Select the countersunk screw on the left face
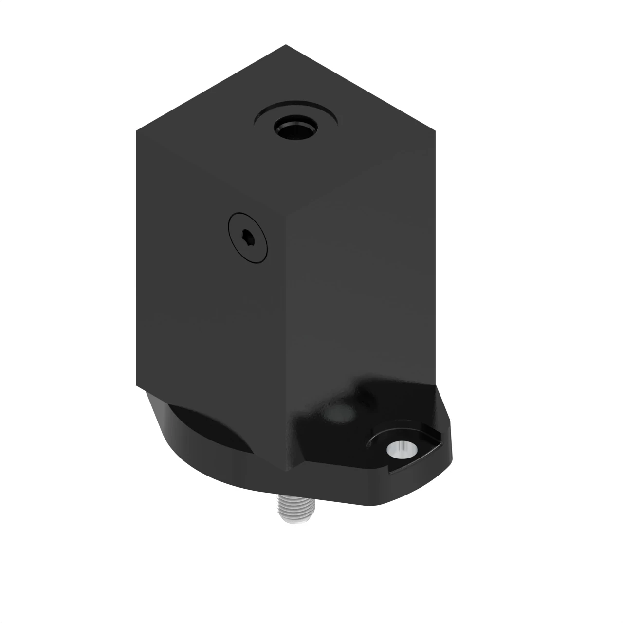click(x=248, y=238)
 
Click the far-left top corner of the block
click(x=136, y=129)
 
